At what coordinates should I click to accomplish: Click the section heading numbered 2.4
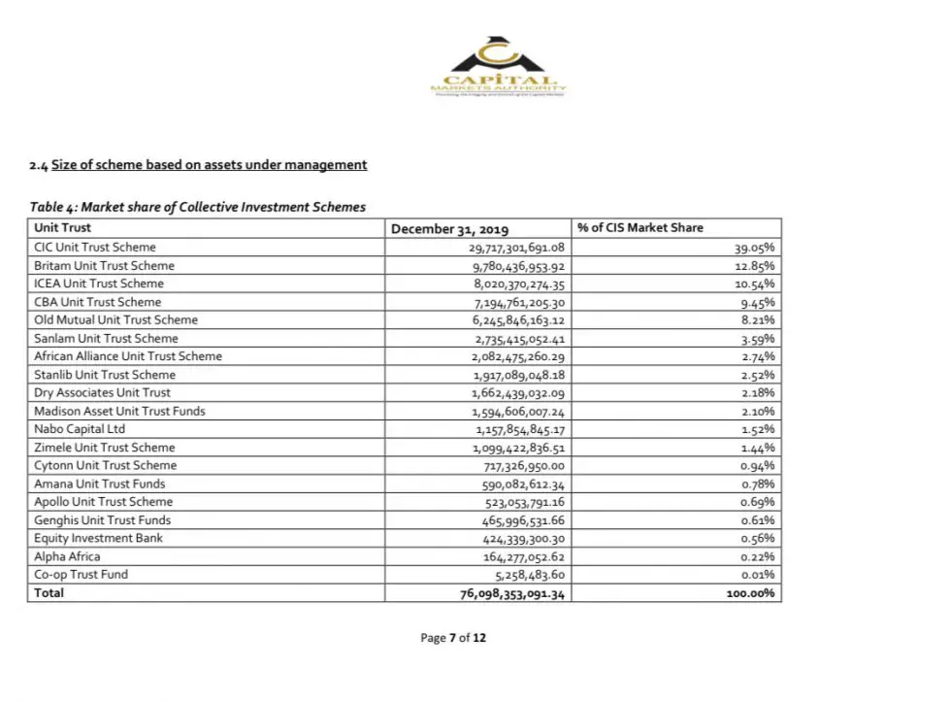pyautogui.click(x=199, y=165)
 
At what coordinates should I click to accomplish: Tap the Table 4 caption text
pyautogui.click(x=198, y=207)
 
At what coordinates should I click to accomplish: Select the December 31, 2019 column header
pyautogui.click(x=449, y=229)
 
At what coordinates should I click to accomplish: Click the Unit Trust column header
pyautogui.click(x=62, y=228)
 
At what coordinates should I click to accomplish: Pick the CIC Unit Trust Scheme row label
pyautogui.click(x=95, y=248)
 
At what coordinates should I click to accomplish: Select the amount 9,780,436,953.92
pyautogui.click(x=517, y=266)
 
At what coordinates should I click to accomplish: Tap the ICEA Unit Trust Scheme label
pyautogui.click(x=99, y=284)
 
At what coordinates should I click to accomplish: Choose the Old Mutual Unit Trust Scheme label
pyautogui.click(x=115, y=319)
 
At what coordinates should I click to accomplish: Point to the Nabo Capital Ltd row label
pyautogui.click(x=80, y=429)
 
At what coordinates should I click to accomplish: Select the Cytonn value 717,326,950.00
pyautogui.click(x=523, y=465)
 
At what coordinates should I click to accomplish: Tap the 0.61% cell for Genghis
pyautogui.click(x=758, y=520)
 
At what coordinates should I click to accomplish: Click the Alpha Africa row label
pyautogui.click(x=67, y=556)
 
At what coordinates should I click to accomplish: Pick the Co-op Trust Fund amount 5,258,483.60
pyautogui.click(x=530, y=575)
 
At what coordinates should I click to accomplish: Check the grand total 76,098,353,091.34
pyautogui.click(x=511, y=593)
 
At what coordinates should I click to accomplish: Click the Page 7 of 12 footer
pyautogui.click(x=452, y=638)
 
